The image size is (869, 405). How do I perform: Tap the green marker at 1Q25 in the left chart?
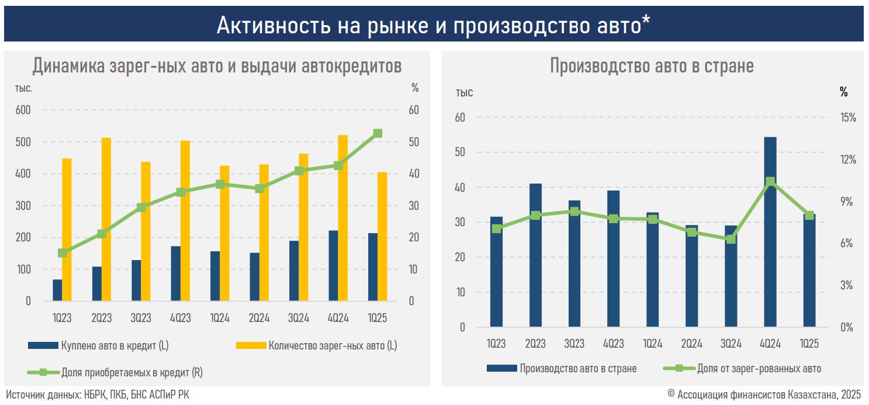[x=378, y=133]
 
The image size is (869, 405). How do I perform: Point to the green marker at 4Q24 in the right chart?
[x=770, y=181]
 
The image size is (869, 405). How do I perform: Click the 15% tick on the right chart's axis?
[x=848, y=117]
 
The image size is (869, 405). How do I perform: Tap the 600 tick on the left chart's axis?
[x=23, y=110]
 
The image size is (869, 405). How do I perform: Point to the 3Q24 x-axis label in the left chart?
[x=299, y=318]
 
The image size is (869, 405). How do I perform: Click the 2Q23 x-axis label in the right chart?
[x=535, y=344]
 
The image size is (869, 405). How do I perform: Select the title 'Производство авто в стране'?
[x=652, y=66]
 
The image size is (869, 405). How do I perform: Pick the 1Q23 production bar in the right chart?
[x=496, y=272]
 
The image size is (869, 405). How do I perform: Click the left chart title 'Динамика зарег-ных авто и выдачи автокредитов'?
[x=217, y=66]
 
